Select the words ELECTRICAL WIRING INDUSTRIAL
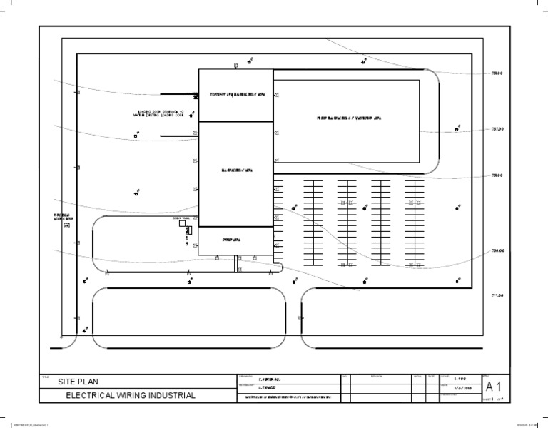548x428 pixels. pyautogui.click(x=131, y=395)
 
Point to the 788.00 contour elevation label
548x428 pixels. pyautogui.click(x=497, y=73)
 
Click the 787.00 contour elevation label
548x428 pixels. pyautogui.click(x=497, y=130)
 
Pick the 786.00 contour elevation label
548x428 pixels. pyautogui.click(x=497, y=175)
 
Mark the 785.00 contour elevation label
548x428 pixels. pyautogui.click(x=497, y=251)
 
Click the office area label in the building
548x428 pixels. pyautogui.click(x=235, y=240)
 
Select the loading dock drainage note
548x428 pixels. pyautogui.click(x=161, y=113)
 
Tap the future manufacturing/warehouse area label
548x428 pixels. pyautogui.click(x=349, y=118)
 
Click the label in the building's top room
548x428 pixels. pyautogui.click(x=235, y=95)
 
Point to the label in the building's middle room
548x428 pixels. pyautogui.click(x=235, y=171)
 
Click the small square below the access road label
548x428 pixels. pyautogui.click(x=67, y=226)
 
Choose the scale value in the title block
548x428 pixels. pyautogui.click(x=461, y=378)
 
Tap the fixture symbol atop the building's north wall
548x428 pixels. pyautogui.click(x=236, y=66)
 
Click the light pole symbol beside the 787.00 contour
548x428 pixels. pyautogui.click(x=457, y=129)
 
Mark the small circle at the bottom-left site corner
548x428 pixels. pyautogui.click(x=63, y=337)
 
